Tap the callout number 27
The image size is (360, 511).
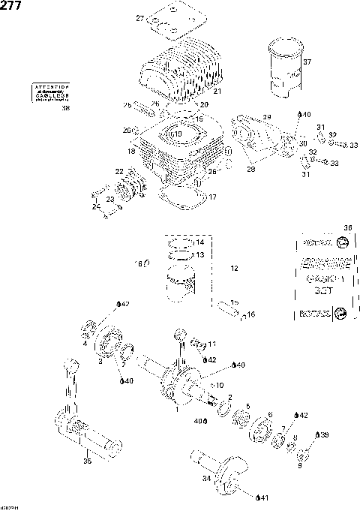coord(139,18)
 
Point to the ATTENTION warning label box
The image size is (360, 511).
coord(50,92)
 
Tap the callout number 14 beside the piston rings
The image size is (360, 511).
coord(199,242)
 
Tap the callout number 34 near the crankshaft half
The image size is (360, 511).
coord(207,476)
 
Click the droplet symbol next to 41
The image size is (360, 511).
coord(259,497)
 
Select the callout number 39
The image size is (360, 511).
coord(322,434)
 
